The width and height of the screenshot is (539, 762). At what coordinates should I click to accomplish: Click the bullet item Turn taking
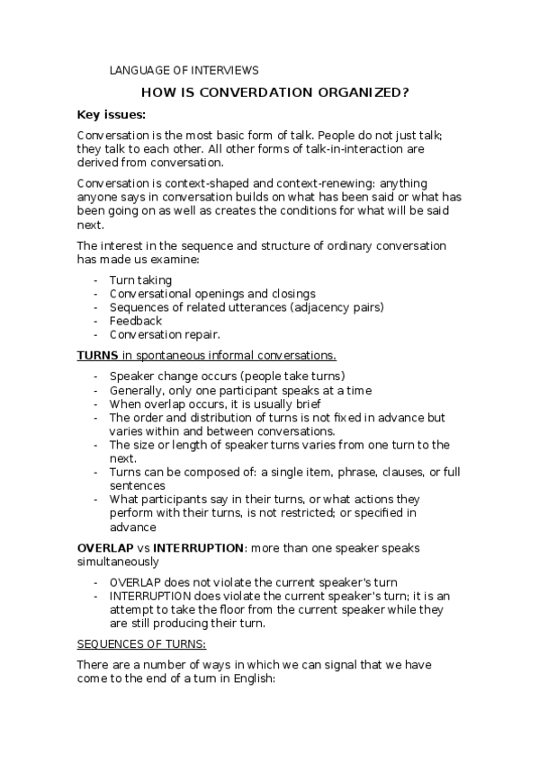(140, 280)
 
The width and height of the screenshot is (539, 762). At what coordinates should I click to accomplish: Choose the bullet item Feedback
(136, 321)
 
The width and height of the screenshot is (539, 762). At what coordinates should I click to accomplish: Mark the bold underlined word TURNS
(97, 355)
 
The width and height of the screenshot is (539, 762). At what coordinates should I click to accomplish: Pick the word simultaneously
(119, 561)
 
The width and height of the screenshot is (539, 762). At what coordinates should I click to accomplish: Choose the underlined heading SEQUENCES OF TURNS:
(141, 643)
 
